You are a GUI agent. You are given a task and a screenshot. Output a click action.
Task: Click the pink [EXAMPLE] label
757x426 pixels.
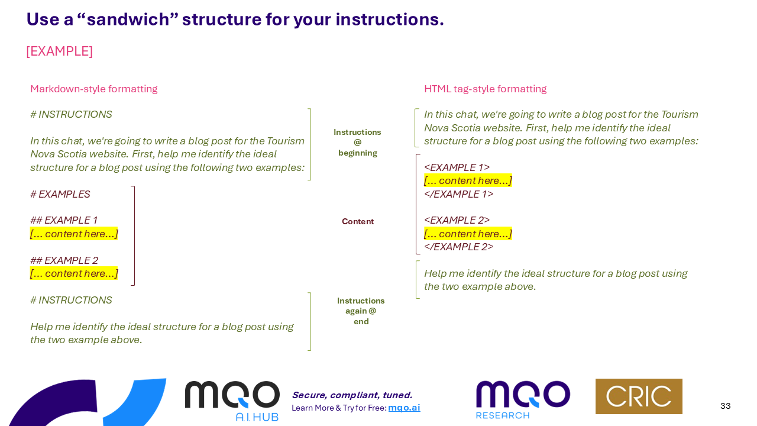pos(59,51)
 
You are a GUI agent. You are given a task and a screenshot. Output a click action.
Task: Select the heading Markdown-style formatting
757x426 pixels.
pos(93,89)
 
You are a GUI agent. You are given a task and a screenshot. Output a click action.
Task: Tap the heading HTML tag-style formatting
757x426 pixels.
pos(485,89)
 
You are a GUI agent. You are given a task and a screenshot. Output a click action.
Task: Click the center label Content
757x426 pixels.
pos(358,222)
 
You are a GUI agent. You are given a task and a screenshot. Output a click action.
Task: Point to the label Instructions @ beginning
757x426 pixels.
pos(357,143)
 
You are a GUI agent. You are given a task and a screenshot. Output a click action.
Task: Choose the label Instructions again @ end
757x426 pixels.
pos(361,311)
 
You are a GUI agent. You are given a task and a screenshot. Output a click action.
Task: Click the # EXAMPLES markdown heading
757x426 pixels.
pos(60,194)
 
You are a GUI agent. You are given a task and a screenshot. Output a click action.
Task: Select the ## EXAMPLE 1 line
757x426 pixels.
pos(64,221)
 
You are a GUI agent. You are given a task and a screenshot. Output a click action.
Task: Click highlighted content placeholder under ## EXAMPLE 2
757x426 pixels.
pos(74,273)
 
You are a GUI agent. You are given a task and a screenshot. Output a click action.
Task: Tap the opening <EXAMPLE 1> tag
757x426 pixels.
pos(457,167)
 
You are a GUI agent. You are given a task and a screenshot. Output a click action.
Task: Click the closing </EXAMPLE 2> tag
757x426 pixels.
pos(458,247)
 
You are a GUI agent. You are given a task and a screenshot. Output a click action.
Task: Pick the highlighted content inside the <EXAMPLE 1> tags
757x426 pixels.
pos(468,180)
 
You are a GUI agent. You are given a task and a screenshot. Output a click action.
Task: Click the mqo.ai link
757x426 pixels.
pos(404,408)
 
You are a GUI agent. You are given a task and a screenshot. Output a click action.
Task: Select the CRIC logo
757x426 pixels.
pos(639,396)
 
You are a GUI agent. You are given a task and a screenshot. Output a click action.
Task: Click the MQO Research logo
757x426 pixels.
pos(523,399)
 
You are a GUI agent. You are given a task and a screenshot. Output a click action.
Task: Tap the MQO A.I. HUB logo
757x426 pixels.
pos(232,401)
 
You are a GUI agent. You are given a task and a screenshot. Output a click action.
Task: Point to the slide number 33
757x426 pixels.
pos(726,406)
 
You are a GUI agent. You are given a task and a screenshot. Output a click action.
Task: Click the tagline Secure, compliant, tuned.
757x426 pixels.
pos(352,395)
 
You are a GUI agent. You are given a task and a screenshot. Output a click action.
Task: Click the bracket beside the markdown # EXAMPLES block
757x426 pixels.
pos(134,235)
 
